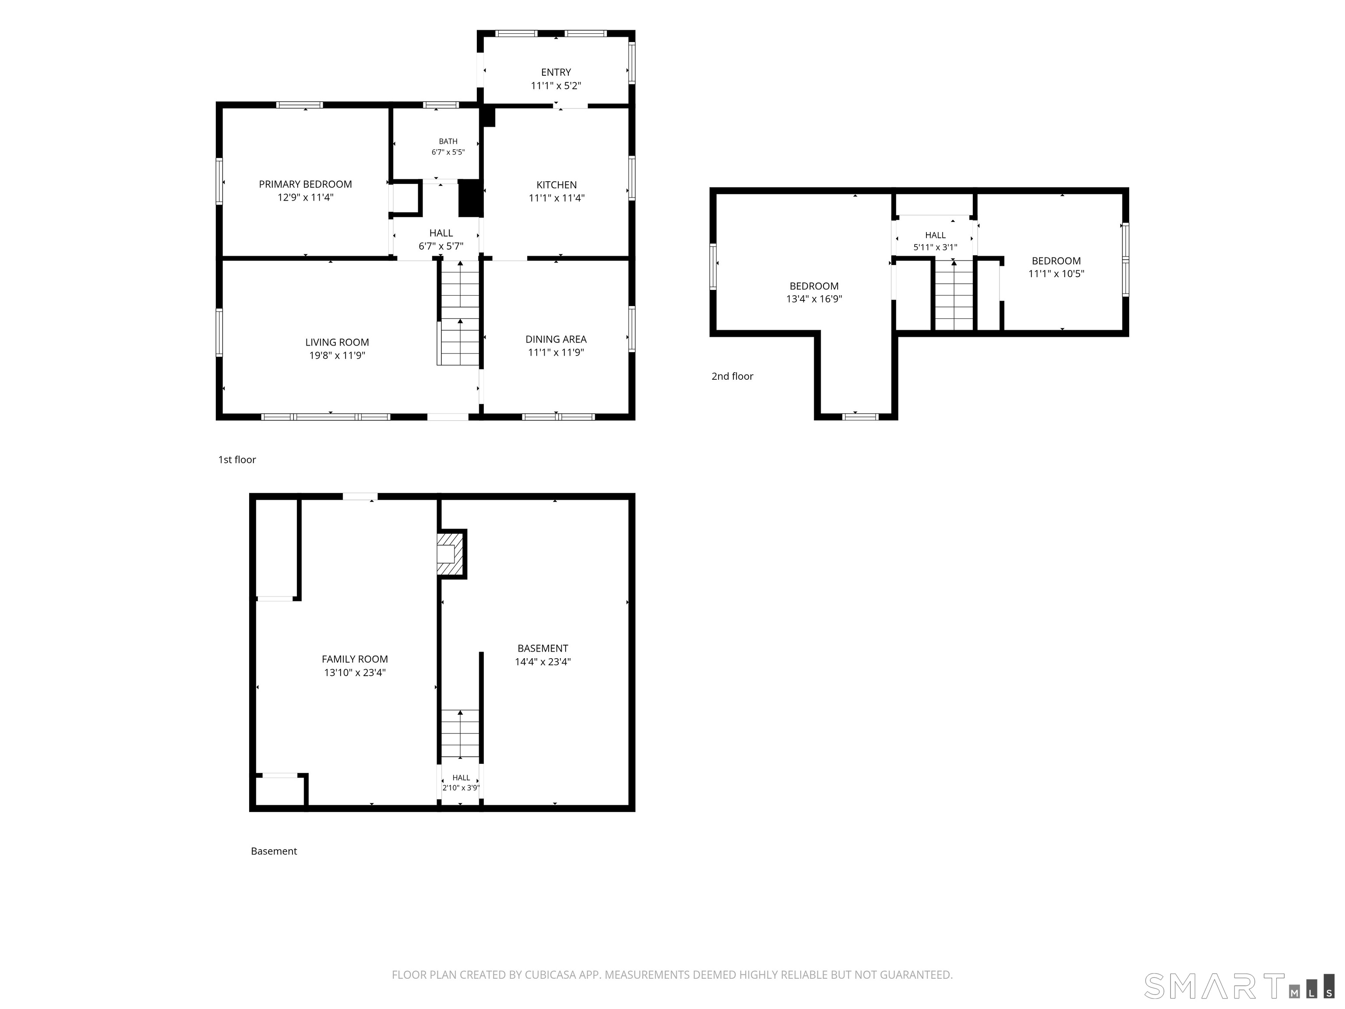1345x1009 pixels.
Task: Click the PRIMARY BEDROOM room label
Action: [305, 184]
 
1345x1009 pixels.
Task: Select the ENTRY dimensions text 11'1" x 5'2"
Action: [556, 86]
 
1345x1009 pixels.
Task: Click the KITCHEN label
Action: [556, 185]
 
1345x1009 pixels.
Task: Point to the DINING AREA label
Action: [556, 339]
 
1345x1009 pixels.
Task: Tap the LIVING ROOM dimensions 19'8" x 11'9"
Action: [337, 355]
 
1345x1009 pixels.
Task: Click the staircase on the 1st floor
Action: [459, 313]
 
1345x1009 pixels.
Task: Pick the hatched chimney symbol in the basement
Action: [451, 554]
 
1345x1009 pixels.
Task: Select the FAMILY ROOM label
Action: [355, 659]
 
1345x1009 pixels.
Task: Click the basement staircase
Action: [460, 734]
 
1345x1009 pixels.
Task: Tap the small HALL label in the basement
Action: [461, 778]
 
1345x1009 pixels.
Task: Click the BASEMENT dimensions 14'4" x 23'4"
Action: [542, 662]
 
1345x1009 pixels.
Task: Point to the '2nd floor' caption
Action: [732, 377]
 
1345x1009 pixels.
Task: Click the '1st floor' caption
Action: [237, 460]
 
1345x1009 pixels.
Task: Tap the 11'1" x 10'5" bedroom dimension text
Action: [1056, 274]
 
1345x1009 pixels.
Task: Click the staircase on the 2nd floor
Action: [954, 295]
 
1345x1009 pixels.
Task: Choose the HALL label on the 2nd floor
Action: [935, 235]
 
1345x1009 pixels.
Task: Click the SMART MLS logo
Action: [1239, 986]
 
